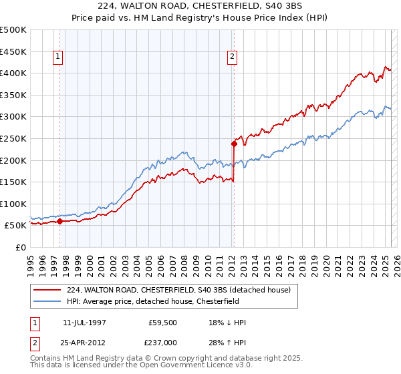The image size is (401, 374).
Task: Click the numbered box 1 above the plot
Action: pyautogui.click(x=58, y=57)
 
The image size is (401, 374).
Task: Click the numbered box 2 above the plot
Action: pyautogui.click(x=232, y=57)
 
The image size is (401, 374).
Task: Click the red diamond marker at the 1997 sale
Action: pyautogui.click(x=59, y=221)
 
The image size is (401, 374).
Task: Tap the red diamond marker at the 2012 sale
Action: pyautogui.click(x=234, y=143)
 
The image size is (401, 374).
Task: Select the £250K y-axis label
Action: pyautogui.click(x=13, y=138)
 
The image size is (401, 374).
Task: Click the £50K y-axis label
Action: pyautogui.click(x=16, y=226)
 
